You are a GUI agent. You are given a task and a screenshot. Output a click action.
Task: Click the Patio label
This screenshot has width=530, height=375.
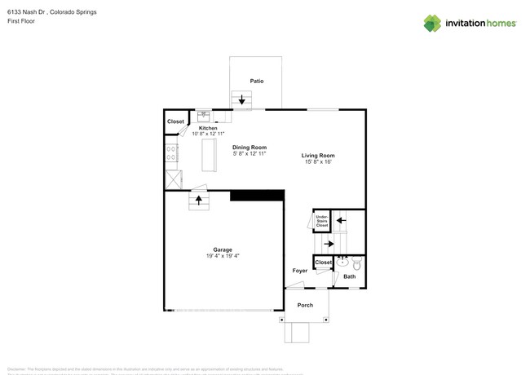pos(256,82)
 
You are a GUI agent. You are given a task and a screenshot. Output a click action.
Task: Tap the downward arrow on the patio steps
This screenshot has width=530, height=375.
pos(242,101)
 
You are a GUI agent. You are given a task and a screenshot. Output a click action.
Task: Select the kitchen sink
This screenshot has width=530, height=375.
pos(204,116)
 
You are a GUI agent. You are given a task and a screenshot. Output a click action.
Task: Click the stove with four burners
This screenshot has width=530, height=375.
pos(171,153)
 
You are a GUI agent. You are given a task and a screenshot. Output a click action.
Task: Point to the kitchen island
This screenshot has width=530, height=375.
pos(209,155)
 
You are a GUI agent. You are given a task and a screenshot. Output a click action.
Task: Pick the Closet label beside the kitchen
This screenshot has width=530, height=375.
pos(175,121)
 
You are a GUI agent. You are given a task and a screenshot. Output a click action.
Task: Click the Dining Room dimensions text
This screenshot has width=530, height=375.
pos(250,153)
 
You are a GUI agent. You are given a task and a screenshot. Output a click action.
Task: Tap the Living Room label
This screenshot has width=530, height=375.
pos(318,155)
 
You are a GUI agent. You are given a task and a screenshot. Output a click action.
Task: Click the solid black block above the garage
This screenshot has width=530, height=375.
pos(257,195)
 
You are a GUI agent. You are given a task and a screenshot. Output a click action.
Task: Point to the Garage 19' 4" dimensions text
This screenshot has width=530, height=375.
pos(223,256)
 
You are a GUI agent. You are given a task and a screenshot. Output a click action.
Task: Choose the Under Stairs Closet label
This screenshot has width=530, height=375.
pos(321,220)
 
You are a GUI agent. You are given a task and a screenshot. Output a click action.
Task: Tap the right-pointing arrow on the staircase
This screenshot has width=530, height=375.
pos(329,243)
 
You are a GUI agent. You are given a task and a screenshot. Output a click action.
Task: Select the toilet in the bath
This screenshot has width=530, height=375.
pos(356,262)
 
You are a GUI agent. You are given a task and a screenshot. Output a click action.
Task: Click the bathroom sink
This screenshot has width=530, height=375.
pos(343,262)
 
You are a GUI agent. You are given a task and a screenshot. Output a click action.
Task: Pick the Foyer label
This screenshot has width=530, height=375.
pos(300,270)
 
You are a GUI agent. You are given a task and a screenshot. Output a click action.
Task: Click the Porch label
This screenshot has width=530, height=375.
pos(304,305)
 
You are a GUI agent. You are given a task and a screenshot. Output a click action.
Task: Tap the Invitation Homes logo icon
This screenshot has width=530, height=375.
pos(431,23)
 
